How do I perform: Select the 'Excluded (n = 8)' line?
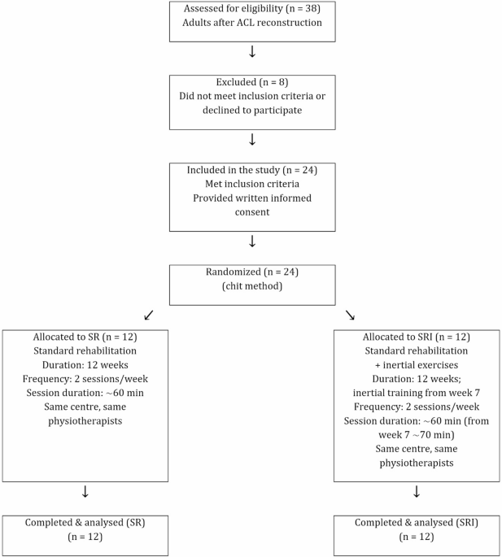click(251, 82)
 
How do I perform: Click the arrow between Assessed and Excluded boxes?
click(251, 52)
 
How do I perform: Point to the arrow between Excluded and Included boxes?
click(251, 139)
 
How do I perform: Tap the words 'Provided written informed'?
click(251, 199)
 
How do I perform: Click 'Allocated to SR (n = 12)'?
click(85, 336)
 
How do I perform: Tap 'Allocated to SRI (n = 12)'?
click(417, 336)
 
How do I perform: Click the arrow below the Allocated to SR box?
click(85, 492)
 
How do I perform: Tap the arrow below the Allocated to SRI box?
click(417, 492)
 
